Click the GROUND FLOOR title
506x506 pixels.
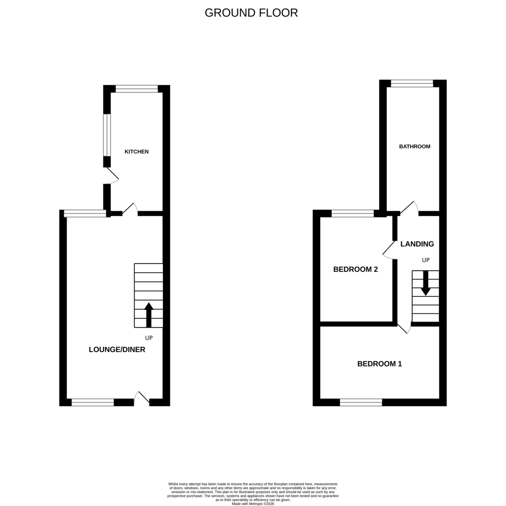tap(251, 13)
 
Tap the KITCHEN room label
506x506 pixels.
tap(136, 152)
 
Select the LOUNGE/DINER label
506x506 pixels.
tap(117, 349)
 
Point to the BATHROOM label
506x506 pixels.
tap(414, 146)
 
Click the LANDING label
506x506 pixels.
tap(417, 244)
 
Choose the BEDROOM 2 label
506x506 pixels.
tap(355, 269)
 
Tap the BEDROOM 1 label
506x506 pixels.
tap(379, 364)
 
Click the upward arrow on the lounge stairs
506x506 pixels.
tap(149, 315)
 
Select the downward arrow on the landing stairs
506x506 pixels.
tap(425, 283)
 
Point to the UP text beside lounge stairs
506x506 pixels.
tap(148, 338)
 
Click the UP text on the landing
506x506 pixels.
tap(425, 260)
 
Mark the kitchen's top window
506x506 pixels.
tap(137, 89)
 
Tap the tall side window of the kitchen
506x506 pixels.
tap(107, 135)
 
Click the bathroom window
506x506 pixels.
tap(412, 83)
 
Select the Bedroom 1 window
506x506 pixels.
tap(361, 403)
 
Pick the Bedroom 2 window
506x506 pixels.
tap(353, 214)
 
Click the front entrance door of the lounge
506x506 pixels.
tap(142, 399)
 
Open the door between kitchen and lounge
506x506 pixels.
tap(130, 209)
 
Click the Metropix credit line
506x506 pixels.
tap(253, 504)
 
